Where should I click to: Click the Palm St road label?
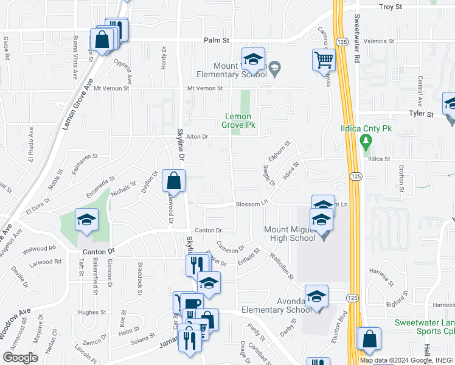pos(216,41)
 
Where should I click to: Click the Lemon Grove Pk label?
pos(240,120)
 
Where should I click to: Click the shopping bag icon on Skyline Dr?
pos(173,180)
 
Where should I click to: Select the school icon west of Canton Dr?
pos(86,219)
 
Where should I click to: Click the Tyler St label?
pos(421,113)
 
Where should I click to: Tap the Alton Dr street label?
pos(197,137)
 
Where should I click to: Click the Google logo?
pos(21,357)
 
